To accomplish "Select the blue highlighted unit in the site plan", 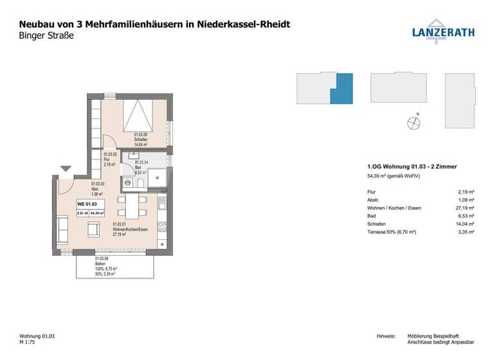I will click(343, 89).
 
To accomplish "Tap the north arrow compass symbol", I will click(413, 122).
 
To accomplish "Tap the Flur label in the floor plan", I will click(107, 160).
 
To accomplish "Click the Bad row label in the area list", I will click(370, 217).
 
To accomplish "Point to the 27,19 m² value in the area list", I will click(466, 208).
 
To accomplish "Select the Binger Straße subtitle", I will click(42, 37).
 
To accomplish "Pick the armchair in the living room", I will click(93, 228).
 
